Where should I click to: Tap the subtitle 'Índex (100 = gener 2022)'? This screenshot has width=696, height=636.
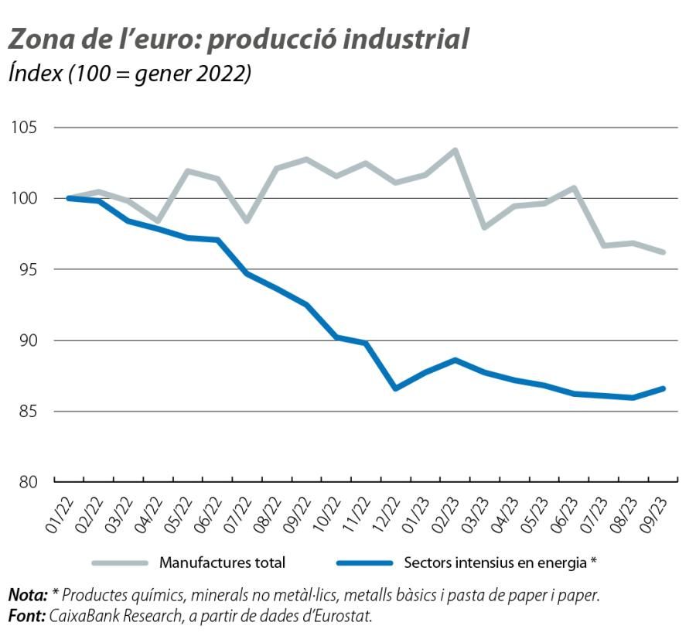coord(130,74)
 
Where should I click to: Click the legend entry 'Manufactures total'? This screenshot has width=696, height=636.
coord(222,562)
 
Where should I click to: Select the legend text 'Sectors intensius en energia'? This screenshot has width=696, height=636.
coord(495,562)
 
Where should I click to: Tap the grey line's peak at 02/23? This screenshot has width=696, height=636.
coord(455,150)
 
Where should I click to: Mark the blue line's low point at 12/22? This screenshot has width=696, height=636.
coord(395,388)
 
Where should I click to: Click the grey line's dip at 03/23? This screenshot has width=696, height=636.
coord(484,227)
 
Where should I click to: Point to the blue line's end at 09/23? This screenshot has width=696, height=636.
coord(664,388)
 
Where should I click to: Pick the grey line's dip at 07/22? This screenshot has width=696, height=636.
coord(247,221)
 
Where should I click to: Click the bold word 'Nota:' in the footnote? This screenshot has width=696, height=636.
coord(28,595)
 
